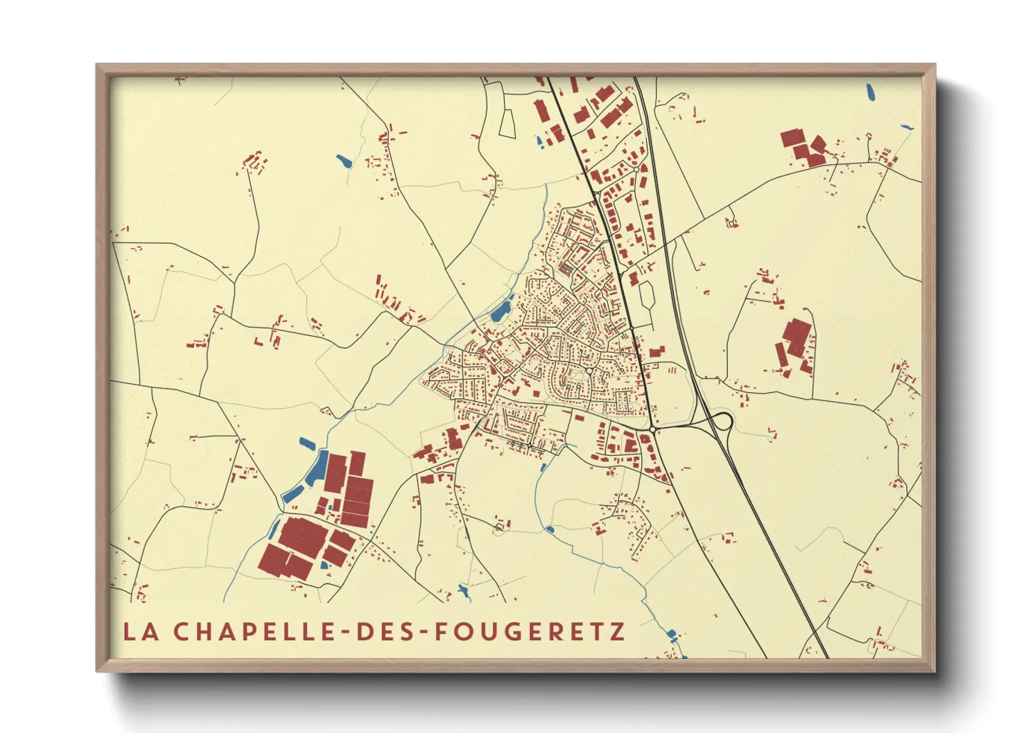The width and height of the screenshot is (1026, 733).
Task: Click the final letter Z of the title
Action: point(617,632)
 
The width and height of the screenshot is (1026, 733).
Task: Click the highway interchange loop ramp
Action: point(722,421)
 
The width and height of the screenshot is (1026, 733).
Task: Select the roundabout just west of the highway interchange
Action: point(652,430)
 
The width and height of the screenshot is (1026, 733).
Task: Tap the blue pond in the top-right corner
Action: point(869,91)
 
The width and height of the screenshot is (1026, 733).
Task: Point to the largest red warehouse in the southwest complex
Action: point(302,537)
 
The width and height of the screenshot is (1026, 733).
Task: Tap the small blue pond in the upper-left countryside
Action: point(344,162)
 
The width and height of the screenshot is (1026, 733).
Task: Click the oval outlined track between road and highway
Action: point(646,294)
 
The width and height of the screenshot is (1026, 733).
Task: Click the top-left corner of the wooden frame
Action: point(98,66)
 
